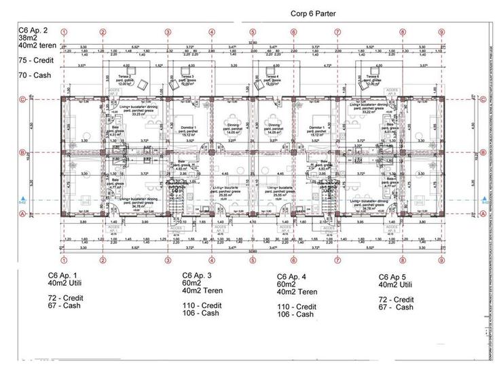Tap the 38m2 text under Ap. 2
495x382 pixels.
point(30,39)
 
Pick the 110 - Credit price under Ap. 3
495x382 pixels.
point(202,306)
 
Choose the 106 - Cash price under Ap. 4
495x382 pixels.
point(296,314)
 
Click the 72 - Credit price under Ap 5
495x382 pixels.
point(397,299)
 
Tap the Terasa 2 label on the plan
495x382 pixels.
point(125,77)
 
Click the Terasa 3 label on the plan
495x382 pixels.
point(189,77)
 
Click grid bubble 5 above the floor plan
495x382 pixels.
point(253,32)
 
